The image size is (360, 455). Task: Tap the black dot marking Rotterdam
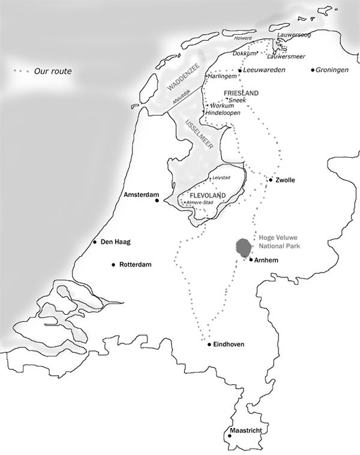click(113, 265)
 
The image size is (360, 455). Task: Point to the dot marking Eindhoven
click(209, 345)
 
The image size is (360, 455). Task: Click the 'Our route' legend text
click(52, 71)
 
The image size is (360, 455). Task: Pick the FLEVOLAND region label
click(206, 196)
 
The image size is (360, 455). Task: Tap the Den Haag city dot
click(95, 243)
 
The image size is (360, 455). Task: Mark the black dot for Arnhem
click(251, 260)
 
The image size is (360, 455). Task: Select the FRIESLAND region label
click(241, 94)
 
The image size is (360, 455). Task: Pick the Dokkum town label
click(244, 53)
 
